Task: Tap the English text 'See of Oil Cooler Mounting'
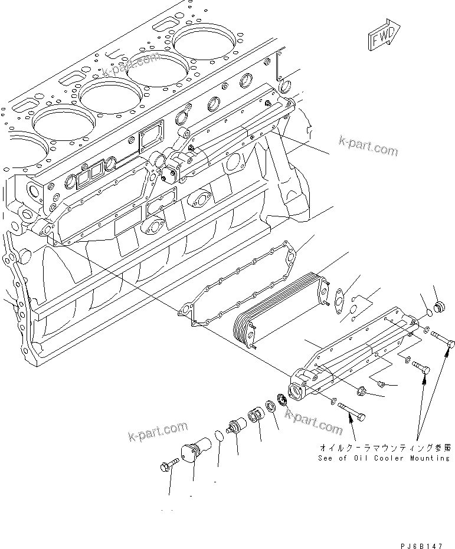coord(384,458)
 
